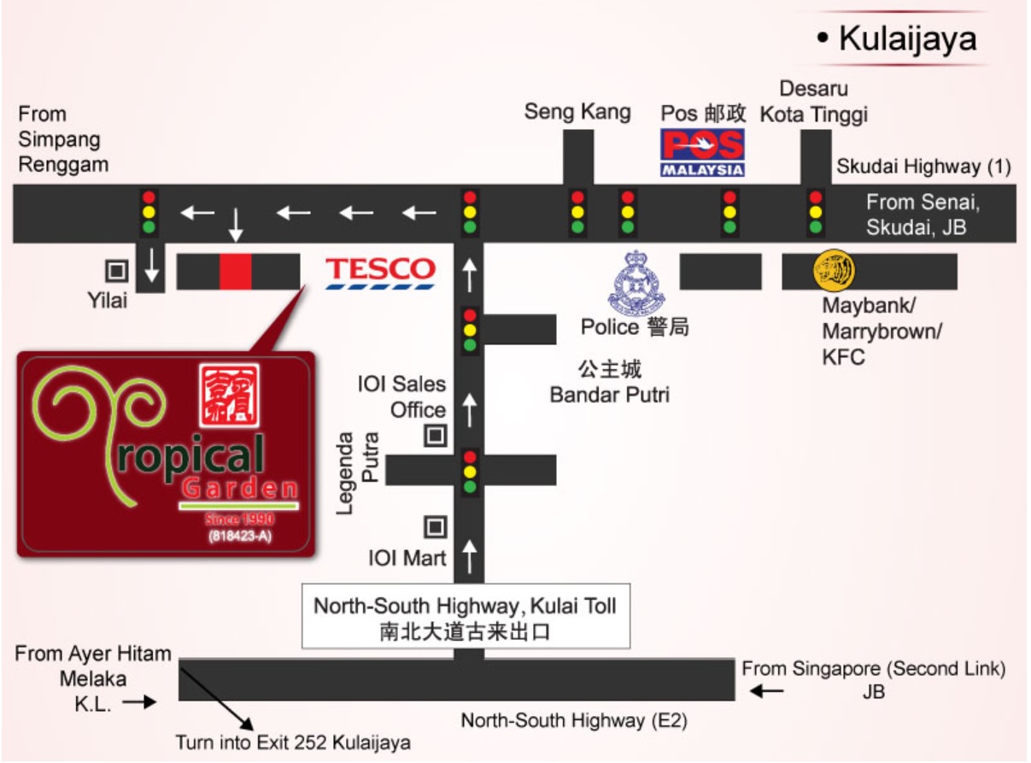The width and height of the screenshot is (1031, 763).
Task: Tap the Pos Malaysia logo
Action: click(x=702, y=152)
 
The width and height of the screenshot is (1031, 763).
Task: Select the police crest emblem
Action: click(x=636, y=282)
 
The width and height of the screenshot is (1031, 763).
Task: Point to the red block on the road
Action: click(x=235, y=271)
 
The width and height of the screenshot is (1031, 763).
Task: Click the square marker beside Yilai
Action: click(x=117, y=271)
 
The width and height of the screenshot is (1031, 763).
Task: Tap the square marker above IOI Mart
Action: click(x=436, y=527)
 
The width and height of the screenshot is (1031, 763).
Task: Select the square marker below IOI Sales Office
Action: click(x=436, y=436)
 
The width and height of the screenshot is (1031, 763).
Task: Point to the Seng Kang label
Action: click(x=577, y=111)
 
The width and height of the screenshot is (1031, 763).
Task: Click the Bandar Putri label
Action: click(x=609, y=395)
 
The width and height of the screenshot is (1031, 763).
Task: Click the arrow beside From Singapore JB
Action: click(x=767, y=690)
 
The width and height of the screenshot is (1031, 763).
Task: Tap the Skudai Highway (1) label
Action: click(x=923, y=167)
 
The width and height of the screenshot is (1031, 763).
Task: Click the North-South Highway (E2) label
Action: click(x=573, y=721)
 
